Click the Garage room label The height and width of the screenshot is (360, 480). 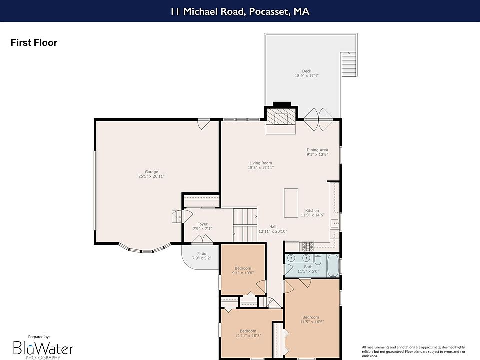[151, 172]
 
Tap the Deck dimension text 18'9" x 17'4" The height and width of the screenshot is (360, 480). [306, 76]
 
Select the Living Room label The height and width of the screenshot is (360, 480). [261, 163]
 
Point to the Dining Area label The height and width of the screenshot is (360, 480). [317, 150]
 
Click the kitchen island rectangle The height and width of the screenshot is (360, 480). [291, 203]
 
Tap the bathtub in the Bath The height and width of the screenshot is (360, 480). [333, 265]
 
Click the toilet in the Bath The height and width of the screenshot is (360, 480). [318, 259]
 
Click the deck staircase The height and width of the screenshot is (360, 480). [349, 64]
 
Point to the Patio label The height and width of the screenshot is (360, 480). [202, 254]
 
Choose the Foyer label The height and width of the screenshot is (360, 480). [202, 224]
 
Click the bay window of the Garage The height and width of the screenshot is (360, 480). [145, 249]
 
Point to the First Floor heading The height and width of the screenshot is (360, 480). [34, 43]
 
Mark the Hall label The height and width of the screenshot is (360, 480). [273, 227]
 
